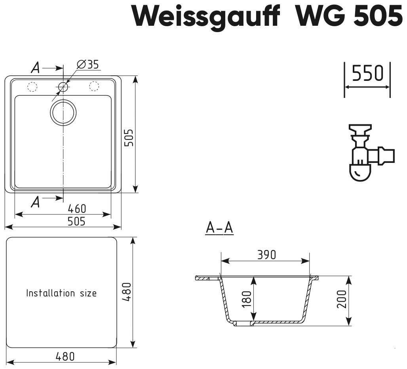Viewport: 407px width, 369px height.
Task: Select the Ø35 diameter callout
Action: click(x=88, y=64)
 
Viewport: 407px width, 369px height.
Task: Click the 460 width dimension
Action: click(x=77, y=208)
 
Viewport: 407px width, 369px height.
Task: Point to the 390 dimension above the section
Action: click(x=266, y=255)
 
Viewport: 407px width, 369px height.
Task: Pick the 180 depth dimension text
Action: click(x=247, y=299)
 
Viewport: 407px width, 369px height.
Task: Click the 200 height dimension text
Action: click(x=342, y=299)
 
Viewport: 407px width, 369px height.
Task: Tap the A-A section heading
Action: click(x=220, y=228)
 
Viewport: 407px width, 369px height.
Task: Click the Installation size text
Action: click(x=61, y=293)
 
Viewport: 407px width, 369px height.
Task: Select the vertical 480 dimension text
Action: click(x=127, y=292)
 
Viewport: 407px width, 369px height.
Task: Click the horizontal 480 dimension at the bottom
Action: click(x=65, y=357)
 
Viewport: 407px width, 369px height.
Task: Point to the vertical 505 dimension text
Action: click(x=129, y=138)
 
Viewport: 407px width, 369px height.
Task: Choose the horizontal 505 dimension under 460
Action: click(x=76, y=221)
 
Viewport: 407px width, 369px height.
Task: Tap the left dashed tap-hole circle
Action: click(x=32, y=86)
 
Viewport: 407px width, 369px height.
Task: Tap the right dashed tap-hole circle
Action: click(x=94, y=86)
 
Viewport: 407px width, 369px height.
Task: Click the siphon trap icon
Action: click(x=371, y=153)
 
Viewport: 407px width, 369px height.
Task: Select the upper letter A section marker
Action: click(x=36, y=68)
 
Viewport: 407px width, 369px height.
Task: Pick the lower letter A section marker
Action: click(x=36, y=202)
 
